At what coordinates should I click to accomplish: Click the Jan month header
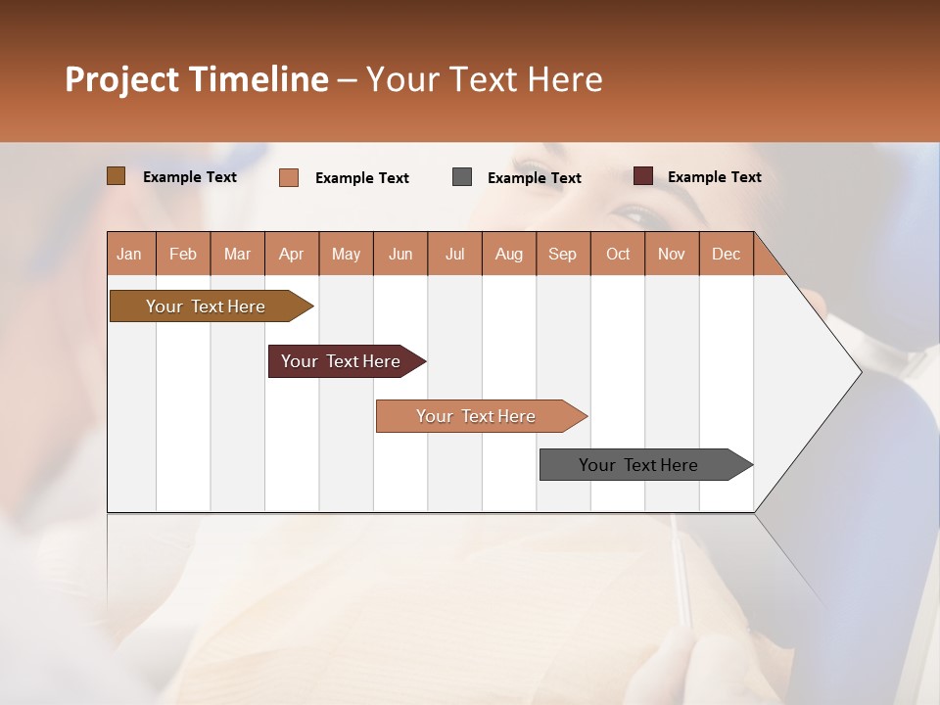[x=130, y=254]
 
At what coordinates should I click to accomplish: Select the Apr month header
[x=292, y=254]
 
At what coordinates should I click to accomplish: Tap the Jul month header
[x=454, y=254]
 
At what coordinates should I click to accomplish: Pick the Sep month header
[x=563, y=254]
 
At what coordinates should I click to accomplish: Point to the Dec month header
[x=726, y=254]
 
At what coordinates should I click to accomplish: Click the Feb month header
[x=183, y=254]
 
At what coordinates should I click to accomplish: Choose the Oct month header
[x=618, y=254]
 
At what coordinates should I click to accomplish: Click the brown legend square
[x=116, y=176]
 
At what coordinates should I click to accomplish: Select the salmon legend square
[x=289, y=177]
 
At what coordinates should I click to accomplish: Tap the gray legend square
[x=462, y=177]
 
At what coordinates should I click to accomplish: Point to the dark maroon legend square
[x=643, y=176]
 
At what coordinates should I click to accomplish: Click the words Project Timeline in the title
[x=196, y=79]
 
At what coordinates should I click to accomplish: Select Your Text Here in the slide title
[x=484, y=79]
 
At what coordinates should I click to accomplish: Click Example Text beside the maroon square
[x=714, y=177]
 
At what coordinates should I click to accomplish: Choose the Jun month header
[x=400, y=254]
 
